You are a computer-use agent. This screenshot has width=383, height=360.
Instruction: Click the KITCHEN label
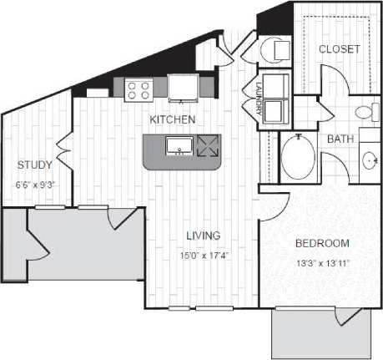coord(173,119)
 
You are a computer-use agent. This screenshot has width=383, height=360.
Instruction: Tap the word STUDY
coord(35,165)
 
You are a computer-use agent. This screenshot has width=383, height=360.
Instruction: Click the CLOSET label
coord(340,49)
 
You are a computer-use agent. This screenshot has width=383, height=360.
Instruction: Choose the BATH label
coord(338,139)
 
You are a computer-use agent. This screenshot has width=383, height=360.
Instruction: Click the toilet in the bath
coord(364,113)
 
